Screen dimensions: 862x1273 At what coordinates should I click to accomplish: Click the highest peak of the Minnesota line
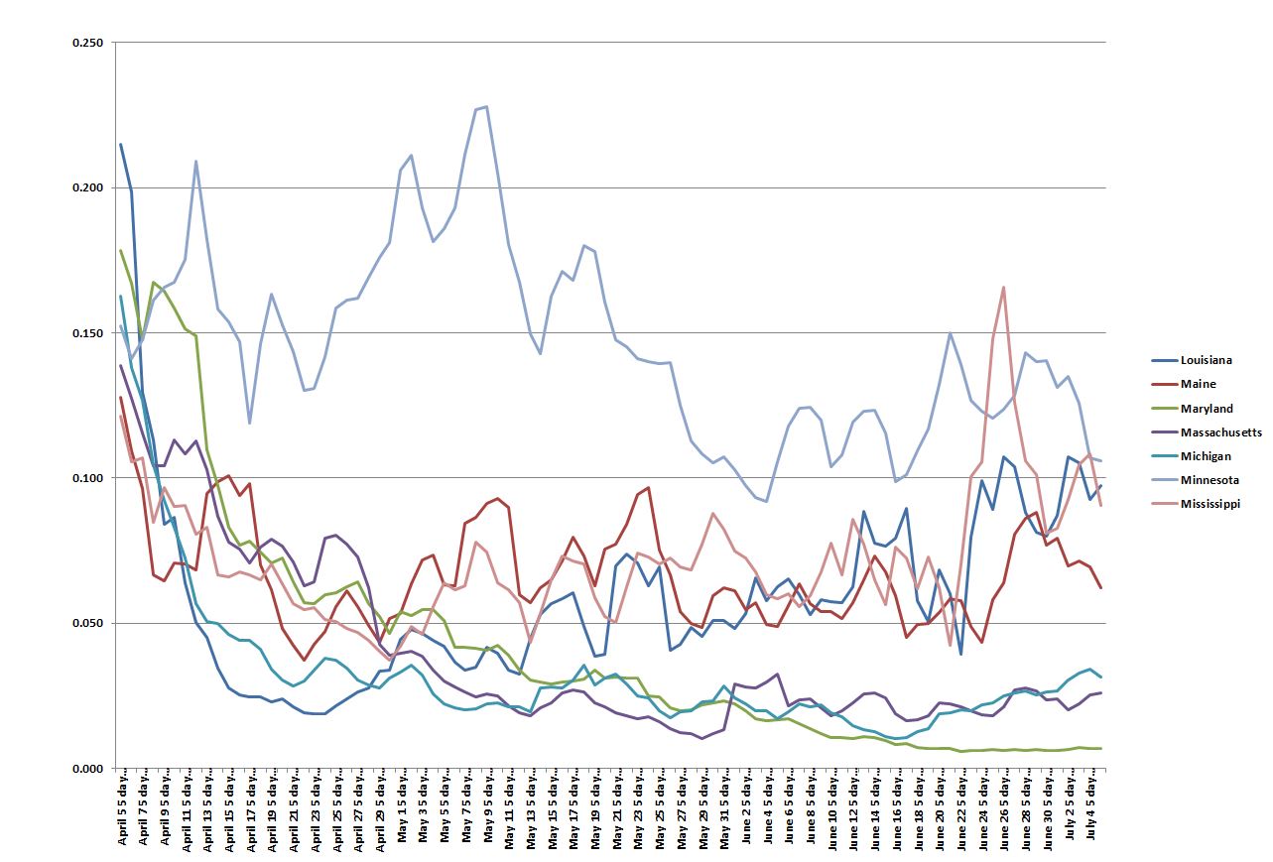pos(486,106)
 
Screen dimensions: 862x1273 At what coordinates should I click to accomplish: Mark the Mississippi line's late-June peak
pos(1004,288)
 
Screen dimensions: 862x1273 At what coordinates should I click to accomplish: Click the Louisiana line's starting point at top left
pos(121,145)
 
